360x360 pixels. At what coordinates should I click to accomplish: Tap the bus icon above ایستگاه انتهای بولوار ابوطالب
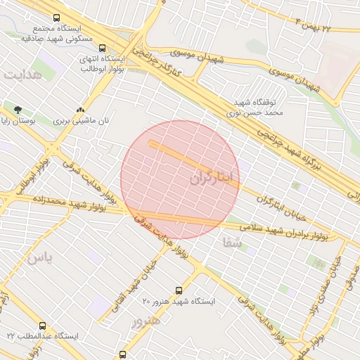[x=103, y=49]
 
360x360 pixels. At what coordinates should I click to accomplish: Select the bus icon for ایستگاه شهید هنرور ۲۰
[x=179, y=290]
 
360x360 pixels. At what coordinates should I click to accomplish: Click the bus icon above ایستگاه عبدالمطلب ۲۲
[x=43, y=326]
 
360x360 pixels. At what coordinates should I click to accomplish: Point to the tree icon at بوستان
[x=18, y=109]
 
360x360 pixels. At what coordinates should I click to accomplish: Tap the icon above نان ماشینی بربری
[x=81, y=110]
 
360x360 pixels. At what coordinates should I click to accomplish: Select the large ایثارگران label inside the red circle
[x=210, y=178]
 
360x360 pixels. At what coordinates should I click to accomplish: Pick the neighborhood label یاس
[x=40, y=258]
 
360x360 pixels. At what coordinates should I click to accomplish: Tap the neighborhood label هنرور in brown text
[x=146, y=321]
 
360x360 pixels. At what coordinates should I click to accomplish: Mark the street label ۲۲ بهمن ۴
[x=326, y=27]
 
